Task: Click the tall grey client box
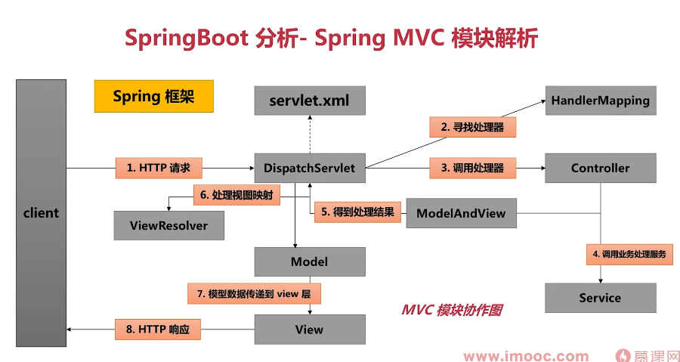(x=41, y=212)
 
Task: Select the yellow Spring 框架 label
(x=153, y=96)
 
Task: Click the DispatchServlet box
(x=310, y=168)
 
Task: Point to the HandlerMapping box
(x=600, y=101)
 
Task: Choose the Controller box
(x=600, y=168)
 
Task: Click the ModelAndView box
(x=461, y=213)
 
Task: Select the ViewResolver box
(x=168, y=225)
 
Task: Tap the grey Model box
(x=310, y=261)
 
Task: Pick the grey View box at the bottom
(x=310, y=330)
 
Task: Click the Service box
(x=600, y=298)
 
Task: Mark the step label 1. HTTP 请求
(x=159, y=168)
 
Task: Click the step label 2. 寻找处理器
(x=473, y=127)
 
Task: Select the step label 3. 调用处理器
(x=473, y=168)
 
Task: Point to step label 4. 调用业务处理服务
(x=629, y=255)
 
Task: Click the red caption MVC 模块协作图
(x=452, y=310)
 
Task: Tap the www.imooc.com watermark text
(x=526, y=356)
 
